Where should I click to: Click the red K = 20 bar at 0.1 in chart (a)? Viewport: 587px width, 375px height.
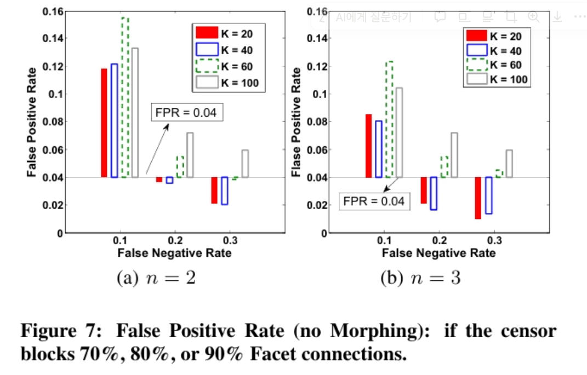[104, 123]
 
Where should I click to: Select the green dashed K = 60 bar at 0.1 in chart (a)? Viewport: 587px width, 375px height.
[125, 97]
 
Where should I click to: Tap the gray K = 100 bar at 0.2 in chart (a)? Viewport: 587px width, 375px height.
[190, 155]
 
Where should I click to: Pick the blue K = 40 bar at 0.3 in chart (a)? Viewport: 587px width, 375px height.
[224, 191]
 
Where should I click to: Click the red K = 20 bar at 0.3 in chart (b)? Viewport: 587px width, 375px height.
[478, 198]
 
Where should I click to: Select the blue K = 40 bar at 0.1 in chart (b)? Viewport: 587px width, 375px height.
[379, 149]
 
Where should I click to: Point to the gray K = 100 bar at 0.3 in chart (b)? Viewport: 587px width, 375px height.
[509, 164]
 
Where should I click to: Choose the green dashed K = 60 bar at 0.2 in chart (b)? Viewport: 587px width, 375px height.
[444, 167]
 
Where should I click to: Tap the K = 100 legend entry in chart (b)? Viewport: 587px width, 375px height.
[498, 79]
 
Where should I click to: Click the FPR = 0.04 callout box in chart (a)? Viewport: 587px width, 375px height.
[187, 113]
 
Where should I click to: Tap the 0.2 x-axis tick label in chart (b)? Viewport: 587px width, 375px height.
[438, 240]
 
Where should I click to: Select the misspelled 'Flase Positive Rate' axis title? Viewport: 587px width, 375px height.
[296, 122]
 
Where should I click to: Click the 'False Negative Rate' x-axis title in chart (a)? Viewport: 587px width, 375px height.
[174, 253]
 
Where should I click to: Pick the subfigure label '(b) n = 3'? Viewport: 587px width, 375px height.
[420, 278]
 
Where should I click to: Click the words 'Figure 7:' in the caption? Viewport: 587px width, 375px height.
[62, 331]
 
